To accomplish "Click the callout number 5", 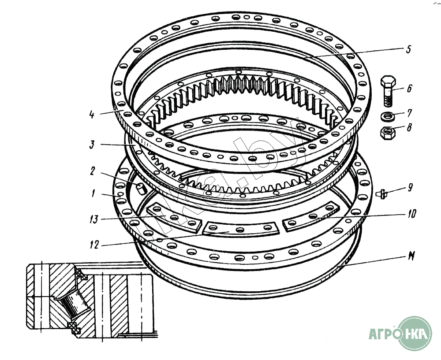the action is tap(408, 49).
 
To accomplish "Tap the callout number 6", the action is tap(410, 89).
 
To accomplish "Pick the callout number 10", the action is tap(411, 214).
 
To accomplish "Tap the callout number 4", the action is tap(92, 116).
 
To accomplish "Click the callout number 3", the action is tap(92, 145).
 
